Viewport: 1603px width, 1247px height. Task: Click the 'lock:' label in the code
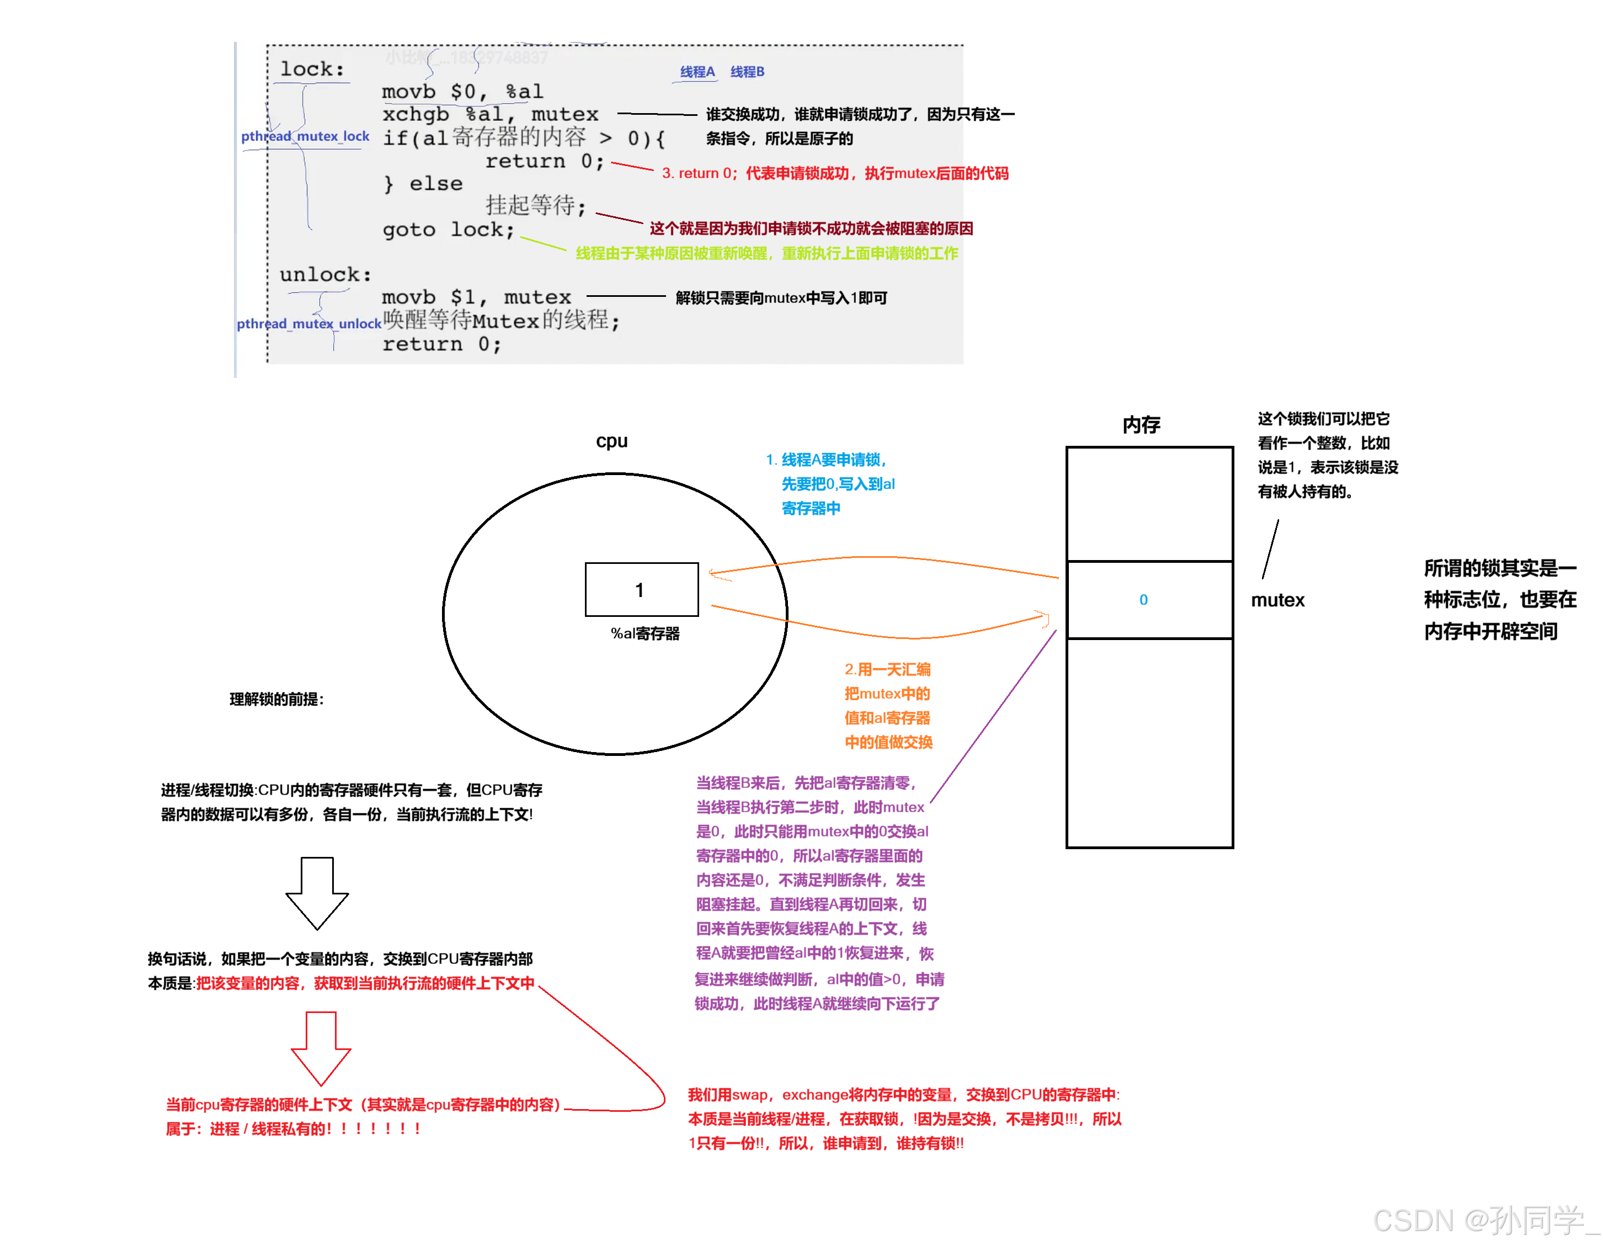click(x=312, y=69)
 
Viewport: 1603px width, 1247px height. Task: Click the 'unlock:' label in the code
click(x=325, y=274)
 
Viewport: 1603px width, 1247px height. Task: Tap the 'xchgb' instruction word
click(x=416, y=115)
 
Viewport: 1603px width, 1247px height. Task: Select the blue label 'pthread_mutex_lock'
click(x=305, y=136)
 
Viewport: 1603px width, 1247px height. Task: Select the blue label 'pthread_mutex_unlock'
click(x=309, y=324)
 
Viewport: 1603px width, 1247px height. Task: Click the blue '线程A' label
click(x=696, y=72)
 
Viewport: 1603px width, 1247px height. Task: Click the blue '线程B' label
click(x=747, y=72)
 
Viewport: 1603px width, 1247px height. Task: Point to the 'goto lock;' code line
click(x=448, y=230)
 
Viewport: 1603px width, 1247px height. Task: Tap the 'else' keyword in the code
click(x=436, y=184)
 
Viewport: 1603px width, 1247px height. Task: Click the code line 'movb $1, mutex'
click(x=476, y=297)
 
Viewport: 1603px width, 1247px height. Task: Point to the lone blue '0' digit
click(x=1143, y=600)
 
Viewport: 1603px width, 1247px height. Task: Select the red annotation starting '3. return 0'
click(x=834, y=173)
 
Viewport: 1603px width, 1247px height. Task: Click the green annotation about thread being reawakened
click(x=767, y=253)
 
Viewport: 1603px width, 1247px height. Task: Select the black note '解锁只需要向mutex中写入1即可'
click(x=781, y=298)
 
